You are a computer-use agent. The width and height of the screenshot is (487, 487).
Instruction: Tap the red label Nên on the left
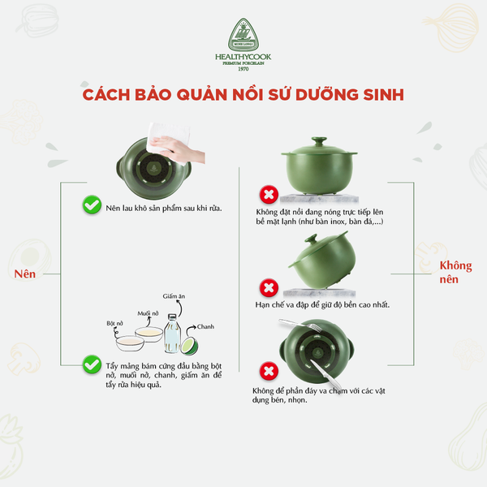coord(26,274)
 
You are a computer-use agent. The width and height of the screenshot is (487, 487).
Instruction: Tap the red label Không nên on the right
coord(455,272)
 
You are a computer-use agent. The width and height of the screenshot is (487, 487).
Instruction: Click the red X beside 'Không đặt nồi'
coord(265,195)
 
